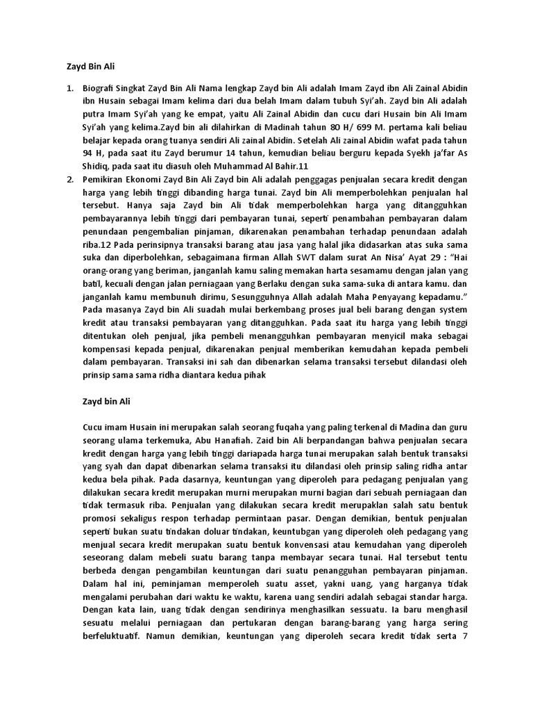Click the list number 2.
click(69, 178)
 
